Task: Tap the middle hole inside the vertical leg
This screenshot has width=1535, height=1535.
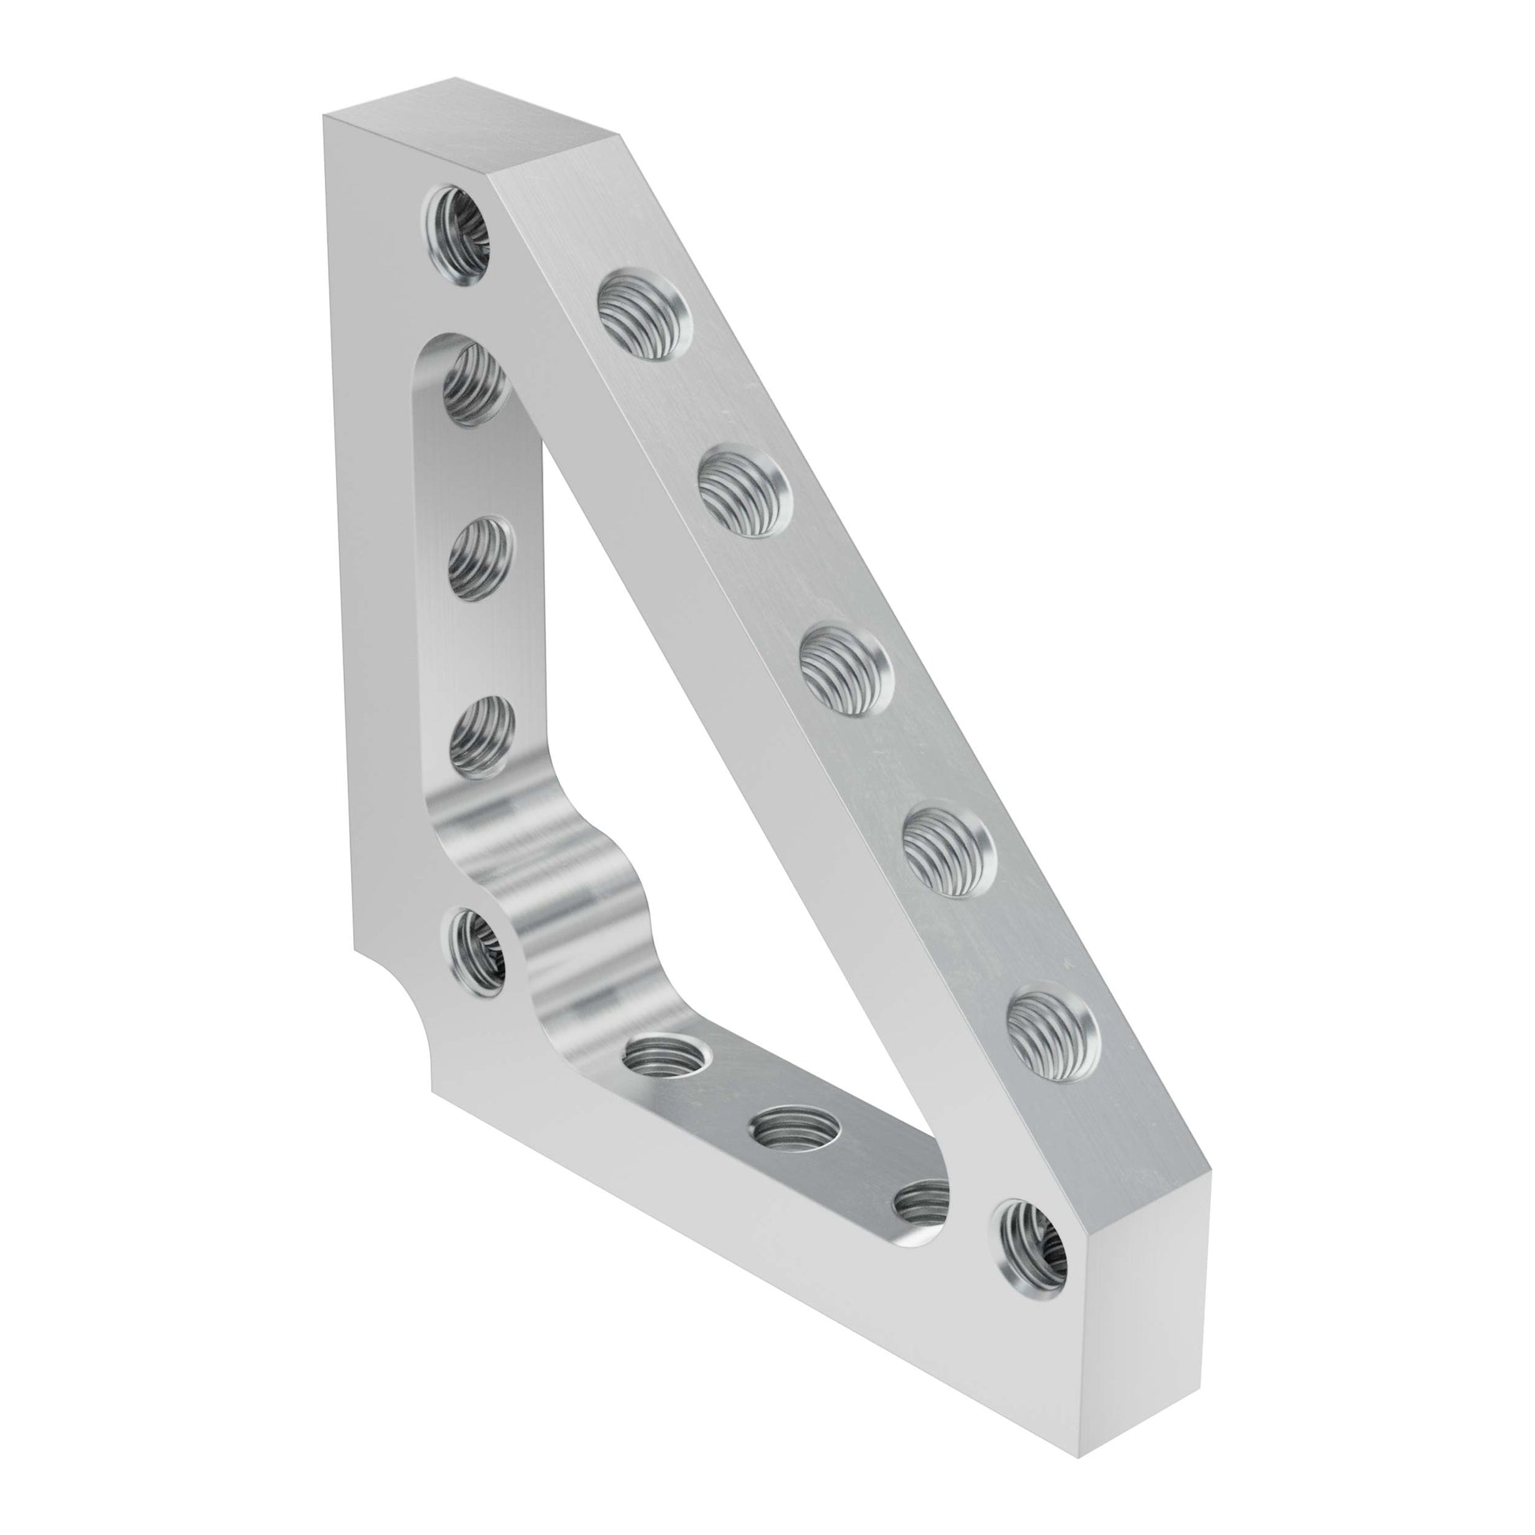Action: pos(479,560)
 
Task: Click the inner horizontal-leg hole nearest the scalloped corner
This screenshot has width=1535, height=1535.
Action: pos(666,1057)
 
